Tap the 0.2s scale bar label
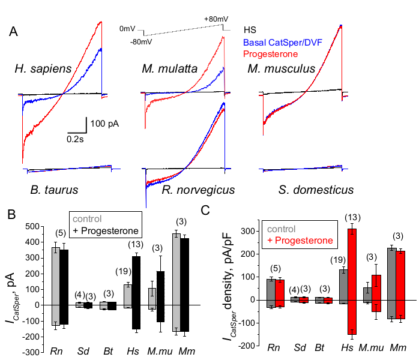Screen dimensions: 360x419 coord(76,137)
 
